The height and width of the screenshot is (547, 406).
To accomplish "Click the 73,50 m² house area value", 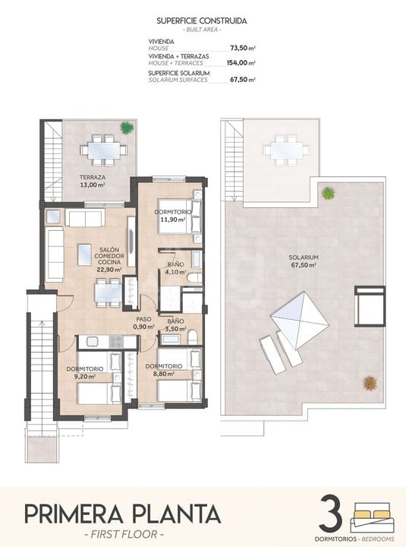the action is (243, 48).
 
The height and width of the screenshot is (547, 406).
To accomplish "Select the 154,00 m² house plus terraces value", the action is (241, 63).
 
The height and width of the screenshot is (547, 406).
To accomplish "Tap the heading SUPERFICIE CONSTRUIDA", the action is (202, 21).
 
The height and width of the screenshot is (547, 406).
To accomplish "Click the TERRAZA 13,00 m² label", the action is (93, 181).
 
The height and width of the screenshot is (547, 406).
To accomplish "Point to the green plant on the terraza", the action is (127, 128).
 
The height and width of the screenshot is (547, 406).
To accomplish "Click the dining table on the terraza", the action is (104, 150).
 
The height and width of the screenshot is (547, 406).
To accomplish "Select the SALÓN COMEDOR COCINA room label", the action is (109, 260).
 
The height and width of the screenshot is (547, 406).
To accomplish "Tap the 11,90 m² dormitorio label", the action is (173, 216).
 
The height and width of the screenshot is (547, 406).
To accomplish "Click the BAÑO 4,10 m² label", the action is (175, 268).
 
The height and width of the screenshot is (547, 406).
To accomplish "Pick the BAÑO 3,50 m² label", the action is (175, 325).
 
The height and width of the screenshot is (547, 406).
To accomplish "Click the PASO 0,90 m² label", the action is (143, 323).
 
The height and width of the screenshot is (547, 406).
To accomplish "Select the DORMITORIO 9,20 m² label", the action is (85, 372).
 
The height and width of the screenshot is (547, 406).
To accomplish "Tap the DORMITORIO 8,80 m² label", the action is (163, 370).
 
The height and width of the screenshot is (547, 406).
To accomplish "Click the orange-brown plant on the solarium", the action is (370, 384).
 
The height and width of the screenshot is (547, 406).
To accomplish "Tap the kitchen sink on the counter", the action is (93, 342).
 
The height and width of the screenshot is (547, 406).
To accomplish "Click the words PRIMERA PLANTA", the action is (122, 514).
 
